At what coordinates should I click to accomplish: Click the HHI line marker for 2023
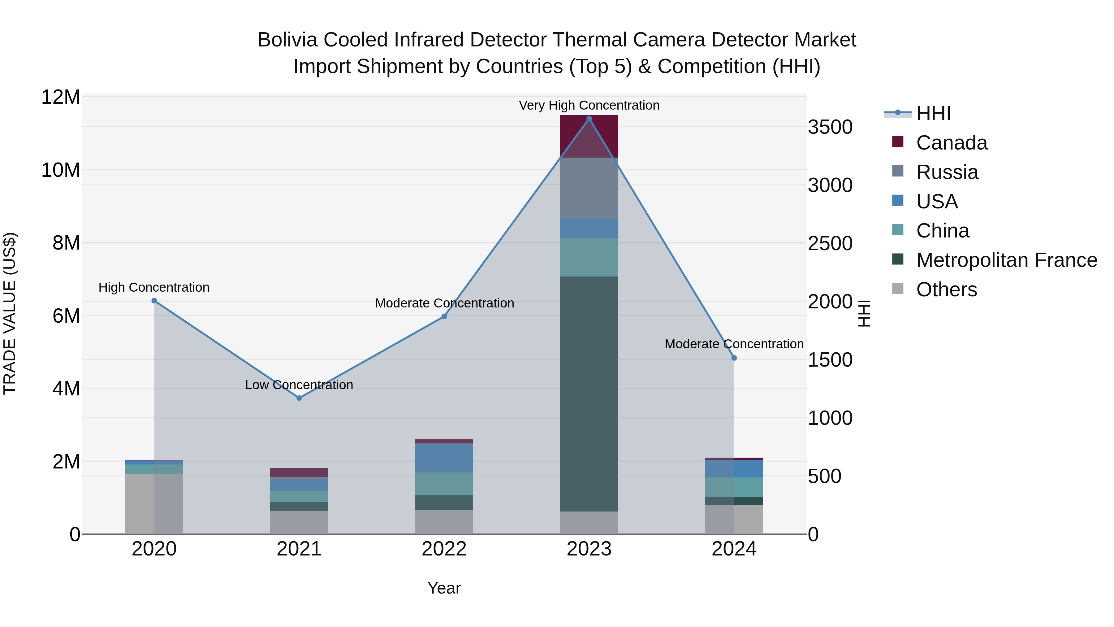pyautogui.click(x=589, y=119)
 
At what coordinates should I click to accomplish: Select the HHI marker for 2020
pyautogui.click(x=154, y=301)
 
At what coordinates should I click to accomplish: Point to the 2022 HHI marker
pyautogui.click(x=444, y=317)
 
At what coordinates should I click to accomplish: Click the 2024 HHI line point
pyautogui.click(x=734, y=358)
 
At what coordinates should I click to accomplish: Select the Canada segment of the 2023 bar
pyautogui.click(x=589, y=136)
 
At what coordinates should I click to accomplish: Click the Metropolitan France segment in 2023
pyautogui.click(x=589, y=394)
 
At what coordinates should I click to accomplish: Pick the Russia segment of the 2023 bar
pyautogui.click(x=589, y=188)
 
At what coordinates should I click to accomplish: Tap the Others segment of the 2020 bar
pyautogui.click(x=154, y=504)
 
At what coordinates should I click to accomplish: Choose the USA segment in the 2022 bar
pyautogui.click(x=444, y=458)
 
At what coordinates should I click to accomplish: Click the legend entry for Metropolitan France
pyautogui.click(x=1006, y=260)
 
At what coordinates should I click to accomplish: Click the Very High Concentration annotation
pyautogui.click(x=589, y=106)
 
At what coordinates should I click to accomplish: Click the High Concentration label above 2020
pyautogui.click(x=154, y=287)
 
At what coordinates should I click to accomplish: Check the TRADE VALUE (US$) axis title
pyautogui.click(x=10, y=313)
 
